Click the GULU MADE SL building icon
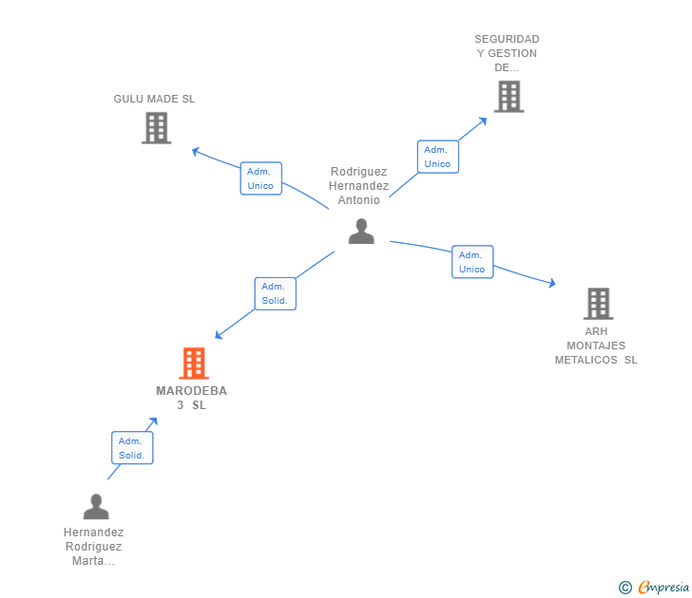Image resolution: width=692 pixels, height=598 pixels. click(x=156, y=127)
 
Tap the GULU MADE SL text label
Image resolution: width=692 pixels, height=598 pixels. click(x=154, y=99)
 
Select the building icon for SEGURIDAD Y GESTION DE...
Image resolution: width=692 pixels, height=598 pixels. click(x=509, y=96)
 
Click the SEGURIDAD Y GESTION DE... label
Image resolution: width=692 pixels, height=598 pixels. click(x=507, y=53)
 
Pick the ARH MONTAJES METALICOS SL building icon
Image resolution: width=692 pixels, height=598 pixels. click(x=597, y=304)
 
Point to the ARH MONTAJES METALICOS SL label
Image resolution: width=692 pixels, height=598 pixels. click(x=596, y=346)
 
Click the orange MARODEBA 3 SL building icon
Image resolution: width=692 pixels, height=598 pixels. click(x=193, y=363)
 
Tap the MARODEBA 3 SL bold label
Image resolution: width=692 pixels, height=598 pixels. click(x=191, y=398)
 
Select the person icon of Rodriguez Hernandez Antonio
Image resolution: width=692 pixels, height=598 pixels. click(x=360, y=232)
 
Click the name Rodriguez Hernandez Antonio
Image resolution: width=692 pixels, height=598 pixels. click(x=359, y=186)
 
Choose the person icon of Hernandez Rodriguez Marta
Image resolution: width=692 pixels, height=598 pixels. click(x=95, y=507)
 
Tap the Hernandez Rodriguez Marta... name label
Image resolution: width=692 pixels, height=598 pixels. click(x=93, y=547)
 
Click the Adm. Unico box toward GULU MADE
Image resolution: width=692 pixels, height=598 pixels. click(x=260, y=178)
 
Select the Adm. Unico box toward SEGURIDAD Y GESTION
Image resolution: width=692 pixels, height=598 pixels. click(x=437, y=157)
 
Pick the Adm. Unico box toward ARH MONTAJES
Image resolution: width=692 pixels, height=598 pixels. click(x=471, y=262)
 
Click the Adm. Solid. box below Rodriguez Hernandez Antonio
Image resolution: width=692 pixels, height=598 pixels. click(x=276, y=293)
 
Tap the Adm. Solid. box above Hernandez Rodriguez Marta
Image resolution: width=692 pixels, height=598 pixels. click(x=131, y=448)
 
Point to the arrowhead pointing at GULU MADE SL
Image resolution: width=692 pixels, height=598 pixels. click(x=196, y=150)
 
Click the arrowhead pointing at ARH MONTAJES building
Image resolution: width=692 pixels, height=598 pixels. click(x=551, y=282)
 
